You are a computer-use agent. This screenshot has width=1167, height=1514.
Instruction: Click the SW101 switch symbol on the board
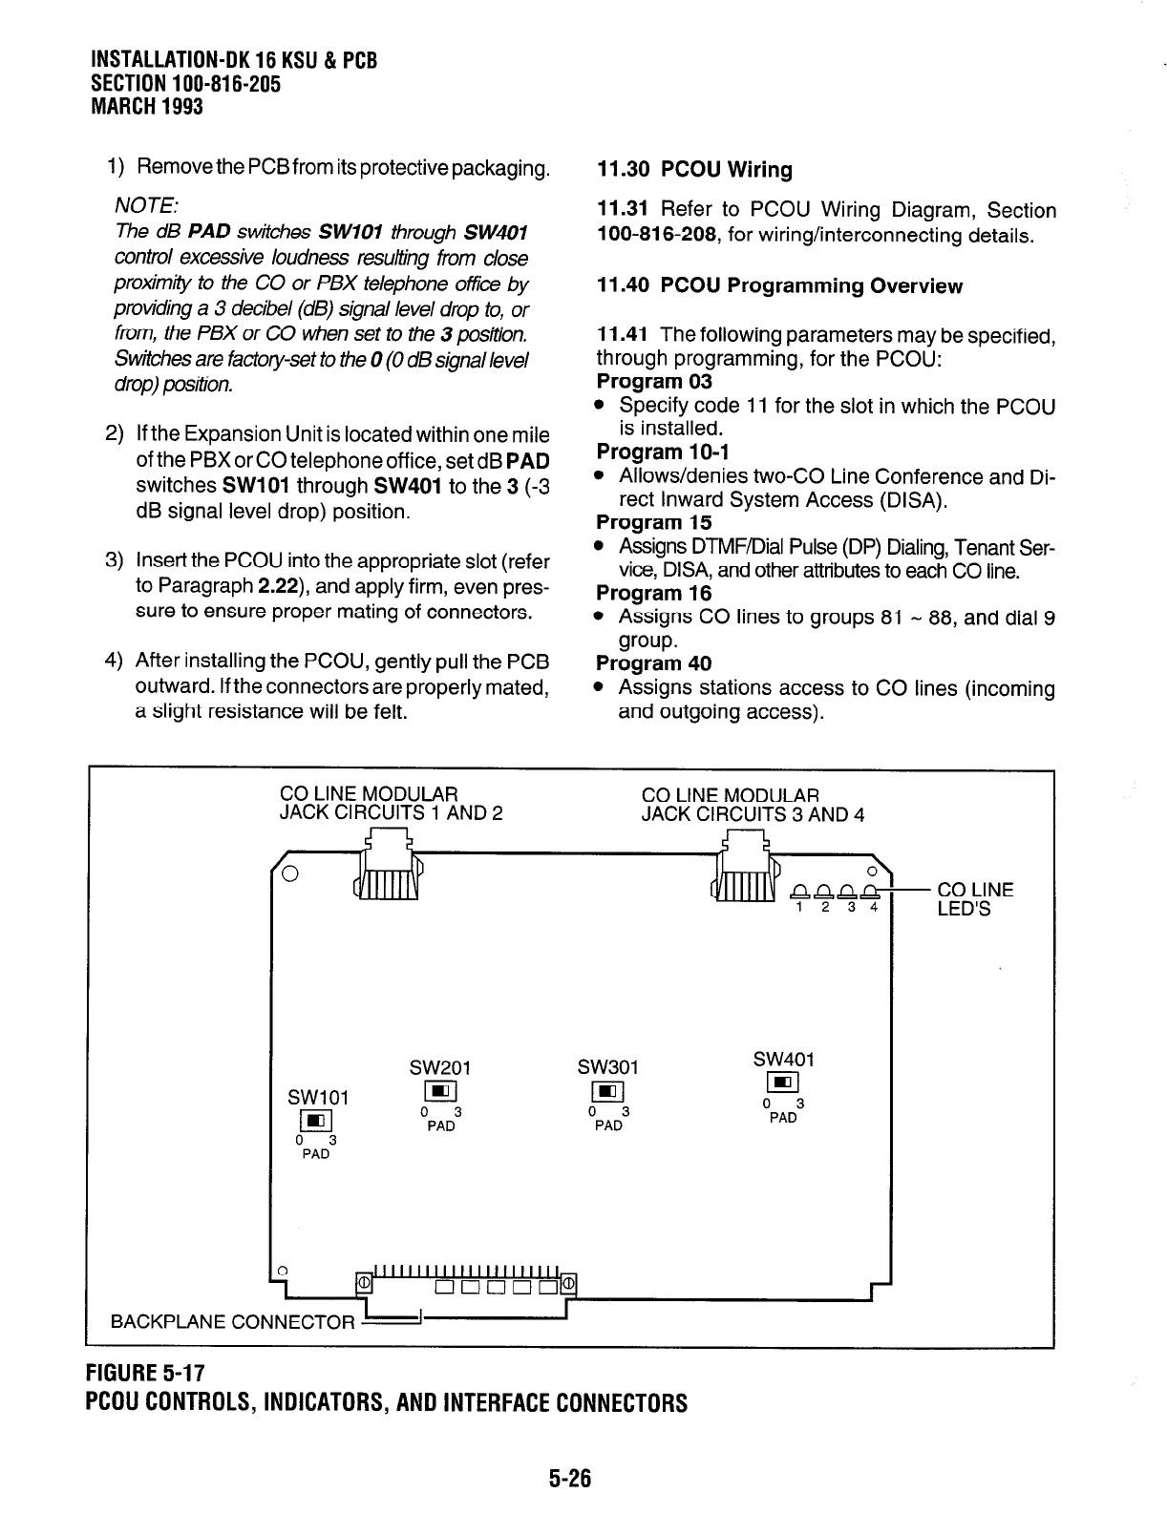pos(315,1120)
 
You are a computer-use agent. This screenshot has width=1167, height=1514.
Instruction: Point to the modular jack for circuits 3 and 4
pos(746,871)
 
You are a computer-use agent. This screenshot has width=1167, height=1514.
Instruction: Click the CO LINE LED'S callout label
pos(975,899)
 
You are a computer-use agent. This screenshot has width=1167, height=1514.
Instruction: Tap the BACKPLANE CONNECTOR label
pos(233,1322)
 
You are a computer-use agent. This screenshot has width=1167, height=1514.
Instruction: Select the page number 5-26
pos(570,1479)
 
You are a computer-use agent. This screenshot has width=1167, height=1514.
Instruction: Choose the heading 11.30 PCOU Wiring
pos(694,170)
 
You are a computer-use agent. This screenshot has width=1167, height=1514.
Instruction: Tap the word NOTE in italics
pos(144,205)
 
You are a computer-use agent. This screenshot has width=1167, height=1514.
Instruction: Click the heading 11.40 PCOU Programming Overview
pos(779,286)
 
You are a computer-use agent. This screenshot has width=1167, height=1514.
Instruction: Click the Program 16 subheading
pos(653,593)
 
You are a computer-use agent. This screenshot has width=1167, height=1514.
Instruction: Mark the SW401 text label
pos(783,1059)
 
